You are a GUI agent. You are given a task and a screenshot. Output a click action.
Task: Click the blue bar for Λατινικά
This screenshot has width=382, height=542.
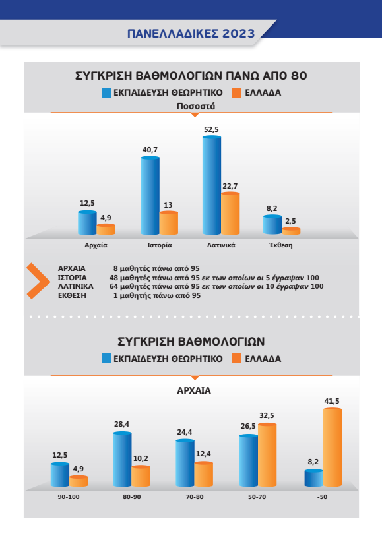[211, 185]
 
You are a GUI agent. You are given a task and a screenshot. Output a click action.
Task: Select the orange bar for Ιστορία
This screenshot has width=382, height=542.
[169, 223]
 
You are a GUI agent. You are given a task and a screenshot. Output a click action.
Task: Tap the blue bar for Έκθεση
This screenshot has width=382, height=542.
[272, 225]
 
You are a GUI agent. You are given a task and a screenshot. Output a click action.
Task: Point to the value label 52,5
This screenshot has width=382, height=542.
[211, 130]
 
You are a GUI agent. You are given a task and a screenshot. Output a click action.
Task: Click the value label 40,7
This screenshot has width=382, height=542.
[150, 150]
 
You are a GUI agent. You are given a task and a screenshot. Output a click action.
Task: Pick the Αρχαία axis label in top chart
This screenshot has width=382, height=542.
[96, 245]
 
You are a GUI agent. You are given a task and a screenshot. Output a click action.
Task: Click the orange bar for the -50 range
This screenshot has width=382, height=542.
[333, 447]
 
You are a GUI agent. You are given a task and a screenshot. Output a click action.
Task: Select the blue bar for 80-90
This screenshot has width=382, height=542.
[122, 459]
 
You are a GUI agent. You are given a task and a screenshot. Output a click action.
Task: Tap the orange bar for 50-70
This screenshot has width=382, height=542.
[267, 455]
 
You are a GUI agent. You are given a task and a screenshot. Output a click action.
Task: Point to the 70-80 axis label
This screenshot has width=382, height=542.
[195, 497]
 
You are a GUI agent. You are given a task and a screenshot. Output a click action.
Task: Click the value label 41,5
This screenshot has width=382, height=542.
[332, 402]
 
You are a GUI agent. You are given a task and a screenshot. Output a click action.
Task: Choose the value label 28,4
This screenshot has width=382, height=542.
[121, 424]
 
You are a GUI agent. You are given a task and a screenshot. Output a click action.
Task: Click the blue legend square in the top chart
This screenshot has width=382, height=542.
[106, 92]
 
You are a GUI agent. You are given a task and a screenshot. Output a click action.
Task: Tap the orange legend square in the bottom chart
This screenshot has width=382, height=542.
[237, 359]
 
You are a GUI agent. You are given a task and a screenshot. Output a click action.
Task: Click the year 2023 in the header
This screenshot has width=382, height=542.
[238, 34]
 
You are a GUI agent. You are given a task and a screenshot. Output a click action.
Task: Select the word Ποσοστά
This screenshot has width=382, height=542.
[196, 106]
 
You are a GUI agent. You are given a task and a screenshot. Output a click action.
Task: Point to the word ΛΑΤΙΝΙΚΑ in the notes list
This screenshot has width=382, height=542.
[75, 287]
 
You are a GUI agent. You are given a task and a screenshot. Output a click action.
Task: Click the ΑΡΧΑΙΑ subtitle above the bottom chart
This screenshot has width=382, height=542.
[194, 390]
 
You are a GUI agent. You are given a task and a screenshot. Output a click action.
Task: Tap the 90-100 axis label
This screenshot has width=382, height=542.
[69, 497]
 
